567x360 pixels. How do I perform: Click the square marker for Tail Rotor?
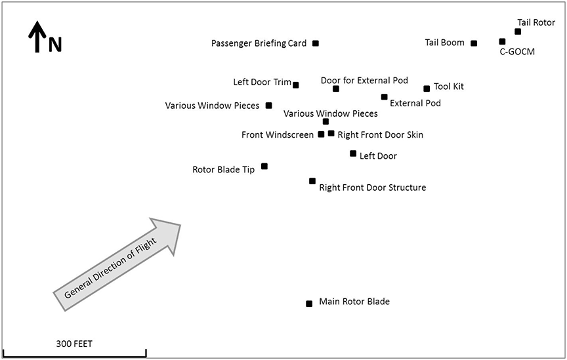pos(518,31)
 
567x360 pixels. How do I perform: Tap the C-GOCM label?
pos(517,52)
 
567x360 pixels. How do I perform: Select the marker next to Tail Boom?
pos(474,43)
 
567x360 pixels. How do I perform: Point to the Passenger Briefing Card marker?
pos(316,43)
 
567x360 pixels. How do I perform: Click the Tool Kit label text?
pos(449,87)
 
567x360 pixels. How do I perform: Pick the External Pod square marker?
pos(385,97)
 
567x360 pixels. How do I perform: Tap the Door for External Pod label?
pos(364,81)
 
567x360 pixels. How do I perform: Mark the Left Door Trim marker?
pos(296,85)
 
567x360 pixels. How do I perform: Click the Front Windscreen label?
pos(278,135)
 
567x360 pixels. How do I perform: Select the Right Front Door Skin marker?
pos(331,133)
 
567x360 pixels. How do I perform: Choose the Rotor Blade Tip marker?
pos(264,166)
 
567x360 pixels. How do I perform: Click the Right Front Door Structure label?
pos(372,188)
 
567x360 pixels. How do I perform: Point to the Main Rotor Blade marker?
pos(309,304)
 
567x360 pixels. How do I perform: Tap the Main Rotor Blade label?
pos(354,302)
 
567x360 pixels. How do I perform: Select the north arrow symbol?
pos(37,37)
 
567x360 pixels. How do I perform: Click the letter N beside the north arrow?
pos(55,45)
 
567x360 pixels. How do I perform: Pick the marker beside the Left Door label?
pos(353,153)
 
